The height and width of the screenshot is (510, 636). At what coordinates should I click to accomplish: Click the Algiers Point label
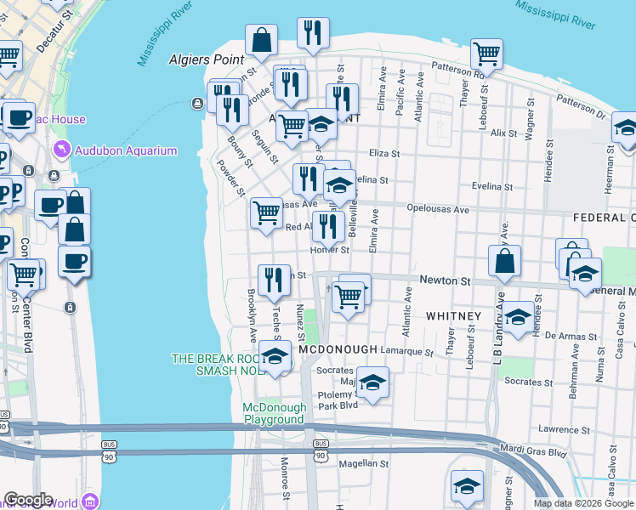click(x=207, y=59)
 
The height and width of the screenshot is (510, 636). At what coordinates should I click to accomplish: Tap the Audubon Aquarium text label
click(x=126, y=150)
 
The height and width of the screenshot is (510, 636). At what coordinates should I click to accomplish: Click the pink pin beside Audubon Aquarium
click(x=60, y=150)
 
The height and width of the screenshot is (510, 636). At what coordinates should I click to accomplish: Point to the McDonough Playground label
click(x=274, y=413)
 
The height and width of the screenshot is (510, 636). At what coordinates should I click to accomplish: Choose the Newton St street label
click(x=445, y=280)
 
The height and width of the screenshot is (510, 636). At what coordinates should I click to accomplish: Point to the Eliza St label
click(x=383, y=154)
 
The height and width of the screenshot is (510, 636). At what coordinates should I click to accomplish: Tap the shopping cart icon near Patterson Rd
click(x=486, y=54)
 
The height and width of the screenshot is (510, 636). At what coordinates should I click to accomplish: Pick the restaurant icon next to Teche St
click(x=273, y=280)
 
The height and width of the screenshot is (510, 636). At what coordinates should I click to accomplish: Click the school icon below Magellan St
click(x=466, y=487)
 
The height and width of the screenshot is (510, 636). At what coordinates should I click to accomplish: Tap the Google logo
click(x=28, y=500)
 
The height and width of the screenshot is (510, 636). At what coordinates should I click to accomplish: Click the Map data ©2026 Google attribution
click(x=582, y=503)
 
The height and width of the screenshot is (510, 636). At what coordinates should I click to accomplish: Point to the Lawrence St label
click(x=559, y=429)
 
